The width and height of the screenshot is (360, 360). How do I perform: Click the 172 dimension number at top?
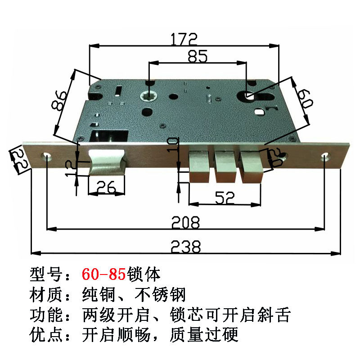(184, 39)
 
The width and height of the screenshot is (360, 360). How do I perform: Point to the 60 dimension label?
(305, 98)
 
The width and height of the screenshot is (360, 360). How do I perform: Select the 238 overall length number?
(185, 247)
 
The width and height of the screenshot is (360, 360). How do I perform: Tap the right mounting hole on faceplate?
(325, 157)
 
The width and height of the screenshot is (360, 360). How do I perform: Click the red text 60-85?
(105, 274)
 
